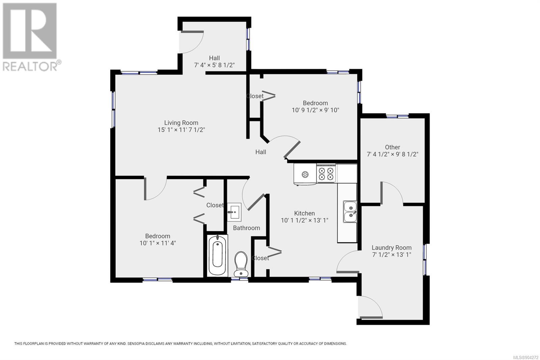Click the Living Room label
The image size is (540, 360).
[x=181, y=123]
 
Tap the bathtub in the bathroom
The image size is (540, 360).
[x=217, y=256]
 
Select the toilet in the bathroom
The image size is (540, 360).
[x=241, y=264]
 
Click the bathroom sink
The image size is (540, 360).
[x=234, y=212]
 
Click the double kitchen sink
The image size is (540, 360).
[x=350, y=212]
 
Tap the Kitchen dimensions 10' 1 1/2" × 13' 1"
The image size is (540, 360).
[x=304, y=220]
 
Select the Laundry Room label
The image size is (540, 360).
[x=391, y=248]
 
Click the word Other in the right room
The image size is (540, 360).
[x=393, y=147]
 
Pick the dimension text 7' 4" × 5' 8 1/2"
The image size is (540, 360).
[x=214, y=65]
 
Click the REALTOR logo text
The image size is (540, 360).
[x=30, y=66]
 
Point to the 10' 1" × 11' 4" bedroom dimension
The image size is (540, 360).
[x=158, y=243]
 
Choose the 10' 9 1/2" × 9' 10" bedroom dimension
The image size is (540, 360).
[x=315, y=110]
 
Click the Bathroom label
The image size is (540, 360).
[x=246, y=228]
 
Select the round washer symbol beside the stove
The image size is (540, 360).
[x=305, y=174]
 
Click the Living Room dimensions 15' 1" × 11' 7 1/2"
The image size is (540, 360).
[x=181, y=130]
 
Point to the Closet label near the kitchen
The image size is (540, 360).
[x=260, y=258]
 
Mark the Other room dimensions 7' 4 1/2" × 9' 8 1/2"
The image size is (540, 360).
[x=393, y=154]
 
